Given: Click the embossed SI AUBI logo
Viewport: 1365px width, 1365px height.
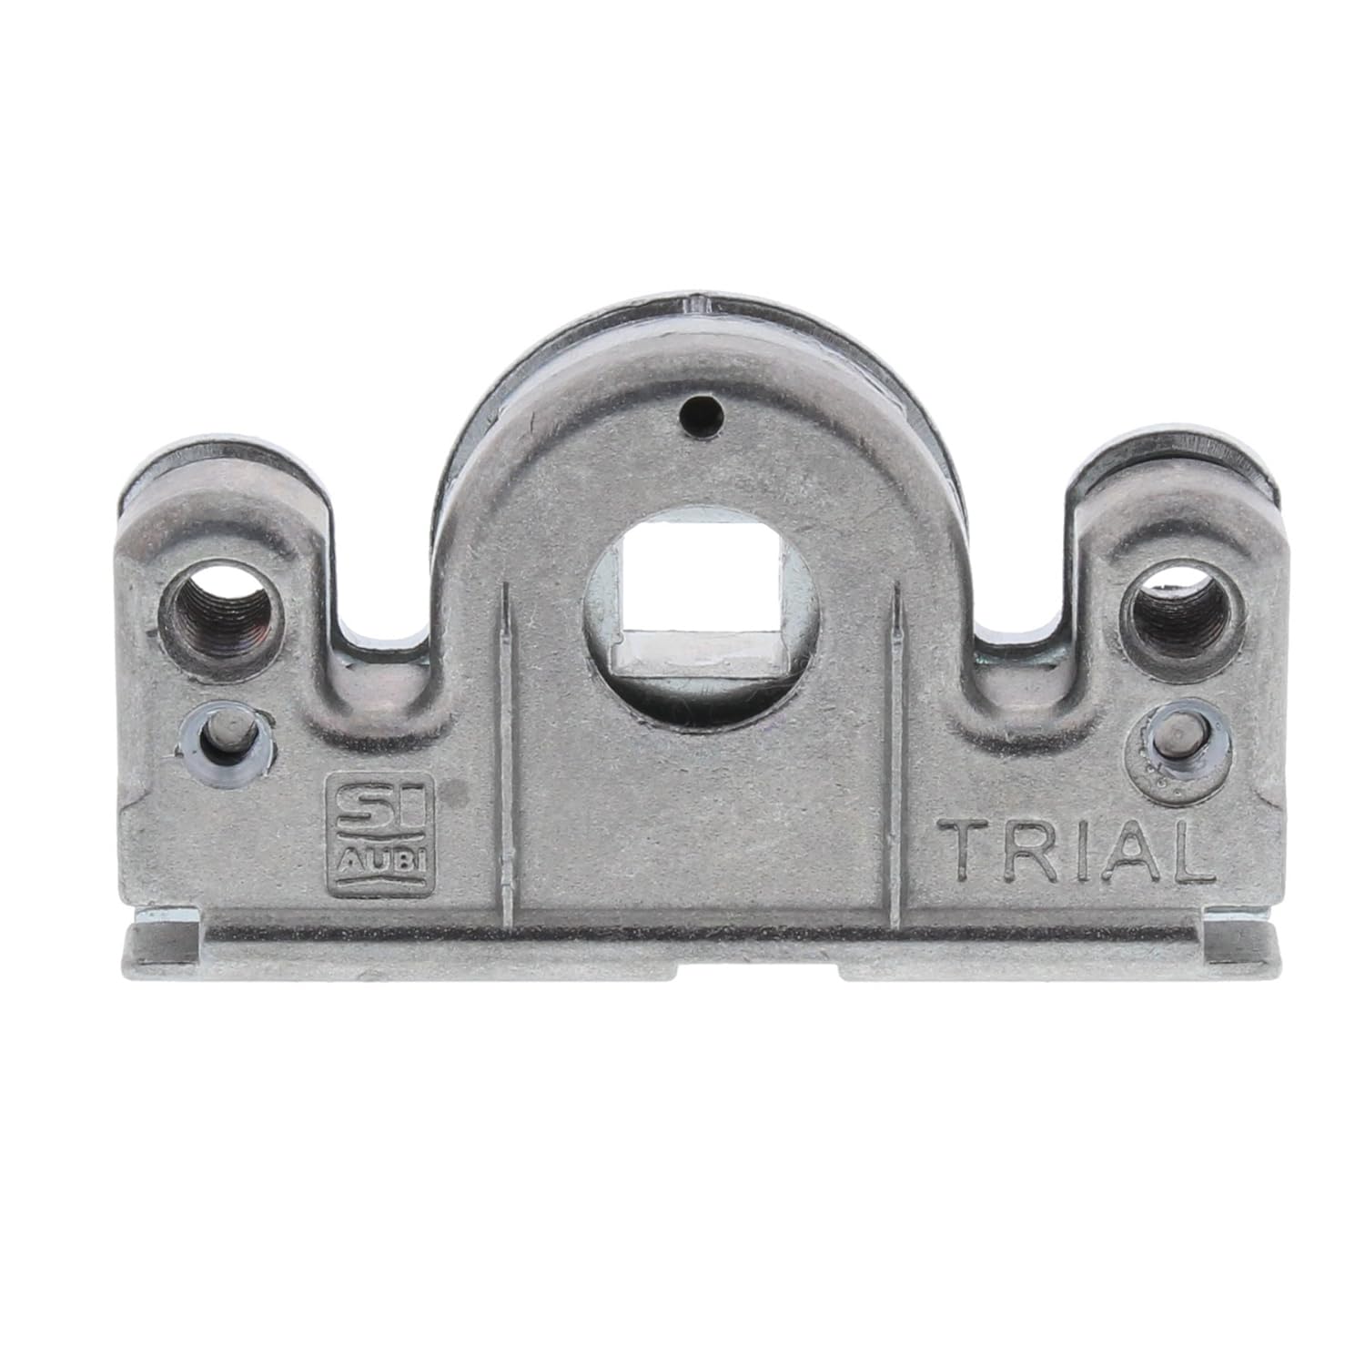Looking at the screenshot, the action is point(381,829).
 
